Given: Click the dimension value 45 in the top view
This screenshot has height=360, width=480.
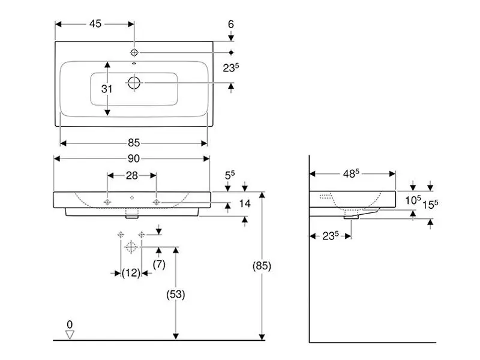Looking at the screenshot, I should (x=95, y=24).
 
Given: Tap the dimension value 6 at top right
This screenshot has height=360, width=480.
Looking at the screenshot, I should (x=230, y=25).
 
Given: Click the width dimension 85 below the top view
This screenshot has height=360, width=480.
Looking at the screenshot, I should (x=133, y=143).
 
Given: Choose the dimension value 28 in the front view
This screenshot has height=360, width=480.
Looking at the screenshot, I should (x=132, y=175).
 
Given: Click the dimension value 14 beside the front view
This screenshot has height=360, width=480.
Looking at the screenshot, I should (x=244, y=203).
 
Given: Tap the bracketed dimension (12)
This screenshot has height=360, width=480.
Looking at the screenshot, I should (x=131, y=273).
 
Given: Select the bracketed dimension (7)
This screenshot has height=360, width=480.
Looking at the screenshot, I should (x=159, y=263).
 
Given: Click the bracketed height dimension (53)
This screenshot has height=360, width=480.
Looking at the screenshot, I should (x=175, y=295).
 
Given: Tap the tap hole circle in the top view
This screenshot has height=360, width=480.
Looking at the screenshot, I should (x=134, y=52).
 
